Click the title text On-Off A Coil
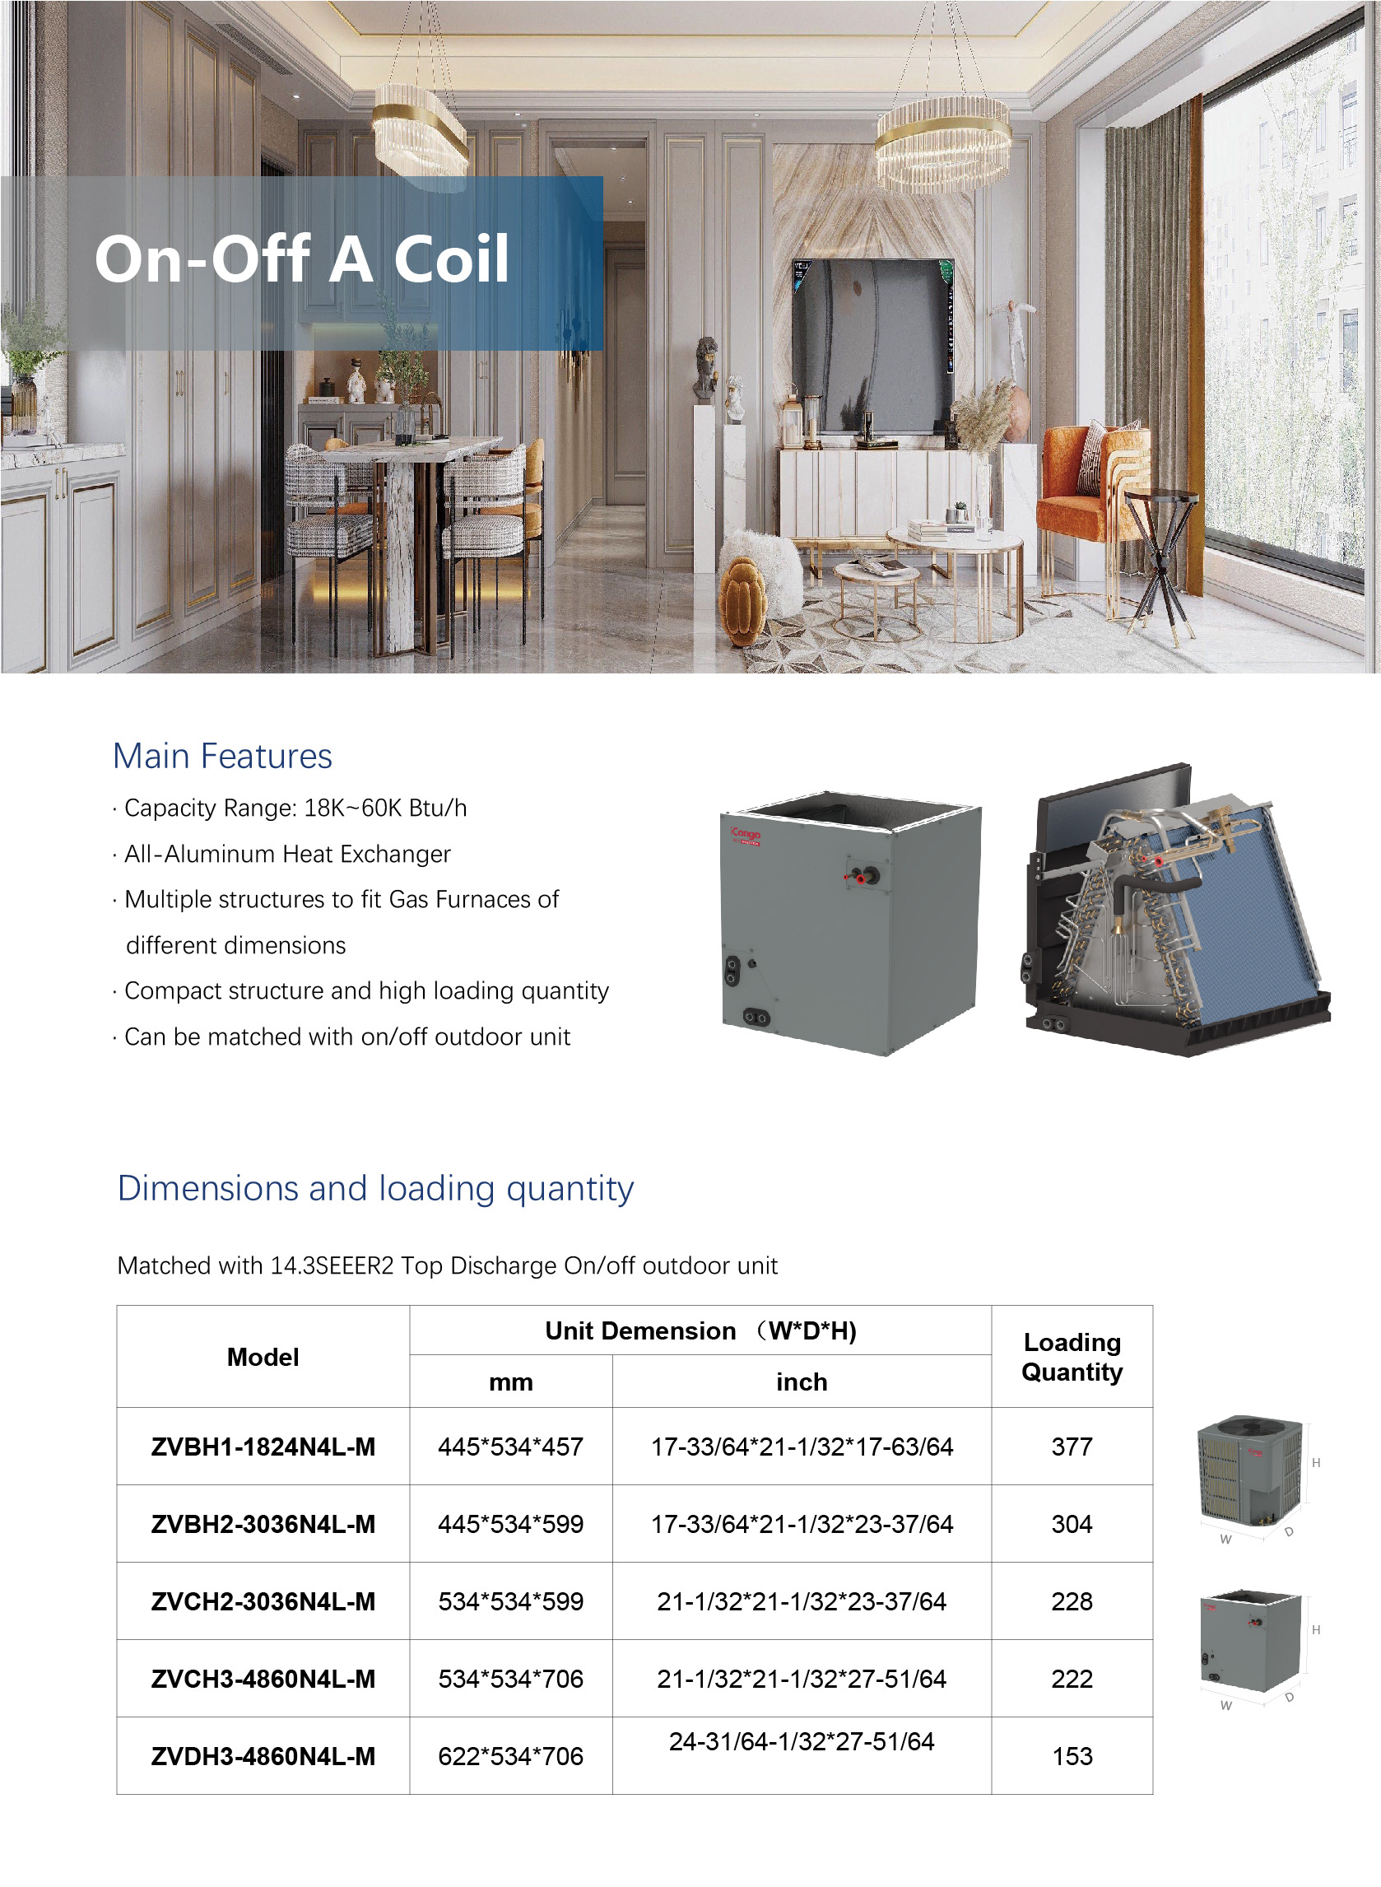[x=302, y=259]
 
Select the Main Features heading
[x=222, y=756]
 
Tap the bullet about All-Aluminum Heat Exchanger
[x=286, y=854]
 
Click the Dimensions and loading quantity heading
[x=375, y=1188]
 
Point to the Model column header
[x=263, y=1357]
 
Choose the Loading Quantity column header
[x=1072, y=1357]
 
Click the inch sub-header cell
[x=801, y=1382]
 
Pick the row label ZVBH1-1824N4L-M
[x=263, y=1447]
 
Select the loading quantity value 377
[x=1072, y=1447]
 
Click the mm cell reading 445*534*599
[x=510, y=1524]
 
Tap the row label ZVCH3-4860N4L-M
[x=263, y=1679]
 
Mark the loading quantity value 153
[x=1072, y=1756]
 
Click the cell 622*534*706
[x=510, y=1756]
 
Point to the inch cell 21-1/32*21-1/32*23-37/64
[x=801, y=1601]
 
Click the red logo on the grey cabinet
[x=745, y=835]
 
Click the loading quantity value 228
[x=1072, y=1601]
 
